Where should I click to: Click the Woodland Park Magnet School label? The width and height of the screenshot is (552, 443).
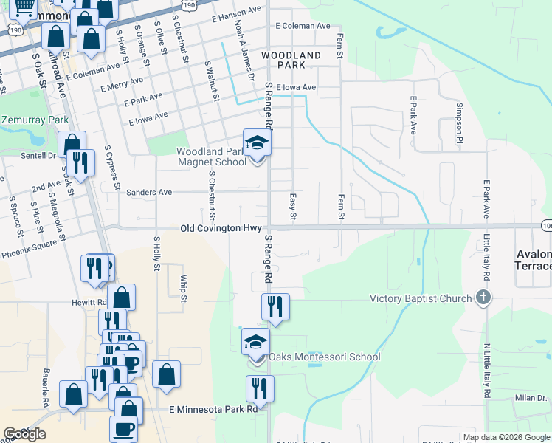(211, 157)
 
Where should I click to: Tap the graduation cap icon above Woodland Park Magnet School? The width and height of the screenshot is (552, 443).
(258, 142)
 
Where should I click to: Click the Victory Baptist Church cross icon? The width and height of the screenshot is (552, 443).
(483, 298)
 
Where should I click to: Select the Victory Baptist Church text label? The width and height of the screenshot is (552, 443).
(420, 298)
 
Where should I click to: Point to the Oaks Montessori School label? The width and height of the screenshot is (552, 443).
(324, 357)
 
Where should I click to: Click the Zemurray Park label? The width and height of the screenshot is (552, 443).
(35, 120)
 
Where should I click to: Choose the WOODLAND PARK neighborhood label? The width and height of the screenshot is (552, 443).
(291, 60)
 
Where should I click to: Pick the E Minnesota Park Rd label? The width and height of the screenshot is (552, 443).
(213, 408)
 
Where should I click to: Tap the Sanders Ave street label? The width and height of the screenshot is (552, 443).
(149, 192)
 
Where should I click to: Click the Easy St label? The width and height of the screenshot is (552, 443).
(293, 207)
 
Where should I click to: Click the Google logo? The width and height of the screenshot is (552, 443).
(24, 434)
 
